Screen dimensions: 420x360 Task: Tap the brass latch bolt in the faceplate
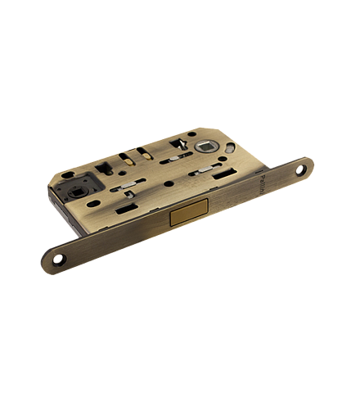(x=189, y=217)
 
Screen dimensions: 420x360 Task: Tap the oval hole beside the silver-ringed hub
(x=229, y=150)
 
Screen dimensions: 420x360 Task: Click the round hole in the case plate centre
(x=169, y=183)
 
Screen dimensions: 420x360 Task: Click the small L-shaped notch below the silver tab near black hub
(x=126, y=194)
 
